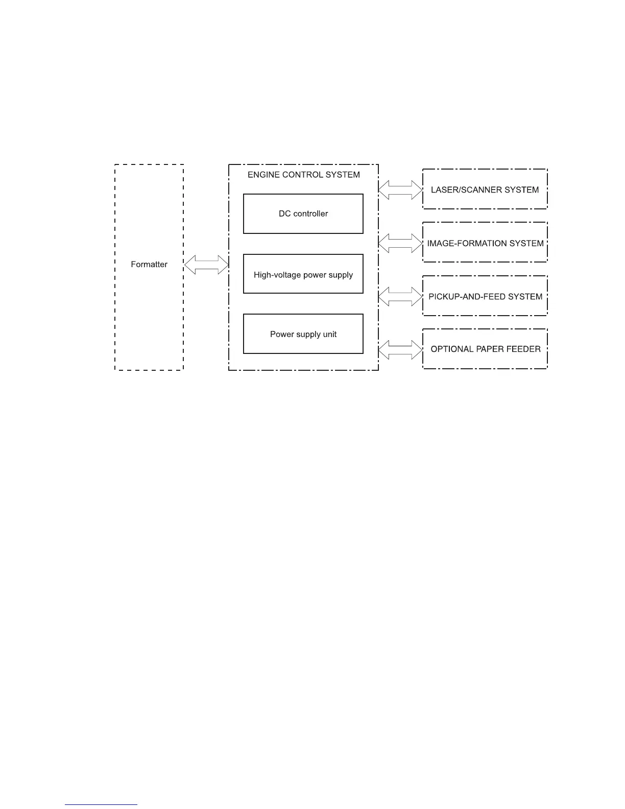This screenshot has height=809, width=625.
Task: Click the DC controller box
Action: [303, 213]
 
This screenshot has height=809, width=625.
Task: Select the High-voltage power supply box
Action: [303, 274]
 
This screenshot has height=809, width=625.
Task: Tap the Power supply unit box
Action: [303, 334]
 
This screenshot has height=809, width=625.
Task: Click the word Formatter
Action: [149, 264]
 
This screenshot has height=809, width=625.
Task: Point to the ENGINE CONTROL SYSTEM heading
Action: [303, 175]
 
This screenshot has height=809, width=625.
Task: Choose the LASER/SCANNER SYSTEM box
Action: [485, 189]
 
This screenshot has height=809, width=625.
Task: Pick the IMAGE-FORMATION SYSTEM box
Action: [485, 243]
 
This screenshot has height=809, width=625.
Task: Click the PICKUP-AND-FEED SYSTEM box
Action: [485, 296]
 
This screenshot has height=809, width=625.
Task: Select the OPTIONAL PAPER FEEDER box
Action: [485, 349]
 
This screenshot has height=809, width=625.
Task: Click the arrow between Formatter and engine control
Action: [206, 265]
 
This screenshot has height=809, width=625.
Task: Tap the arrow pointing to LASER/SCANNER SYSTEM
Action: [400, 189]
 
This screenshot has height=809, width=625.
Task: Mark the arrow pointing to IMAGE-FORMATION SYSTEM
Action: [400, 243]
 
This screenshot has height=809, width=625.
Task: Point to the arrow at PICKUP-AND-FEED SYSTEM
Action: [400, 296]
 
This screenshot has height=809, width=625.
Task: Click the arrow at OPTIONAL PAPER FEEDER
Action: [400, 349]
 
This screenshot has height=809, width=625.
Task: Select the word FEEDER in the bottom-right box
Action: [524, 349]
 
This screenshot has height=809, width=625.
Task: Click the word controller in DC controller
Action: [310, 213]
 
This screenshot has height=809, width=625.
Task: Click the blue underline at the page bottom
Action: [101, 805]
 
